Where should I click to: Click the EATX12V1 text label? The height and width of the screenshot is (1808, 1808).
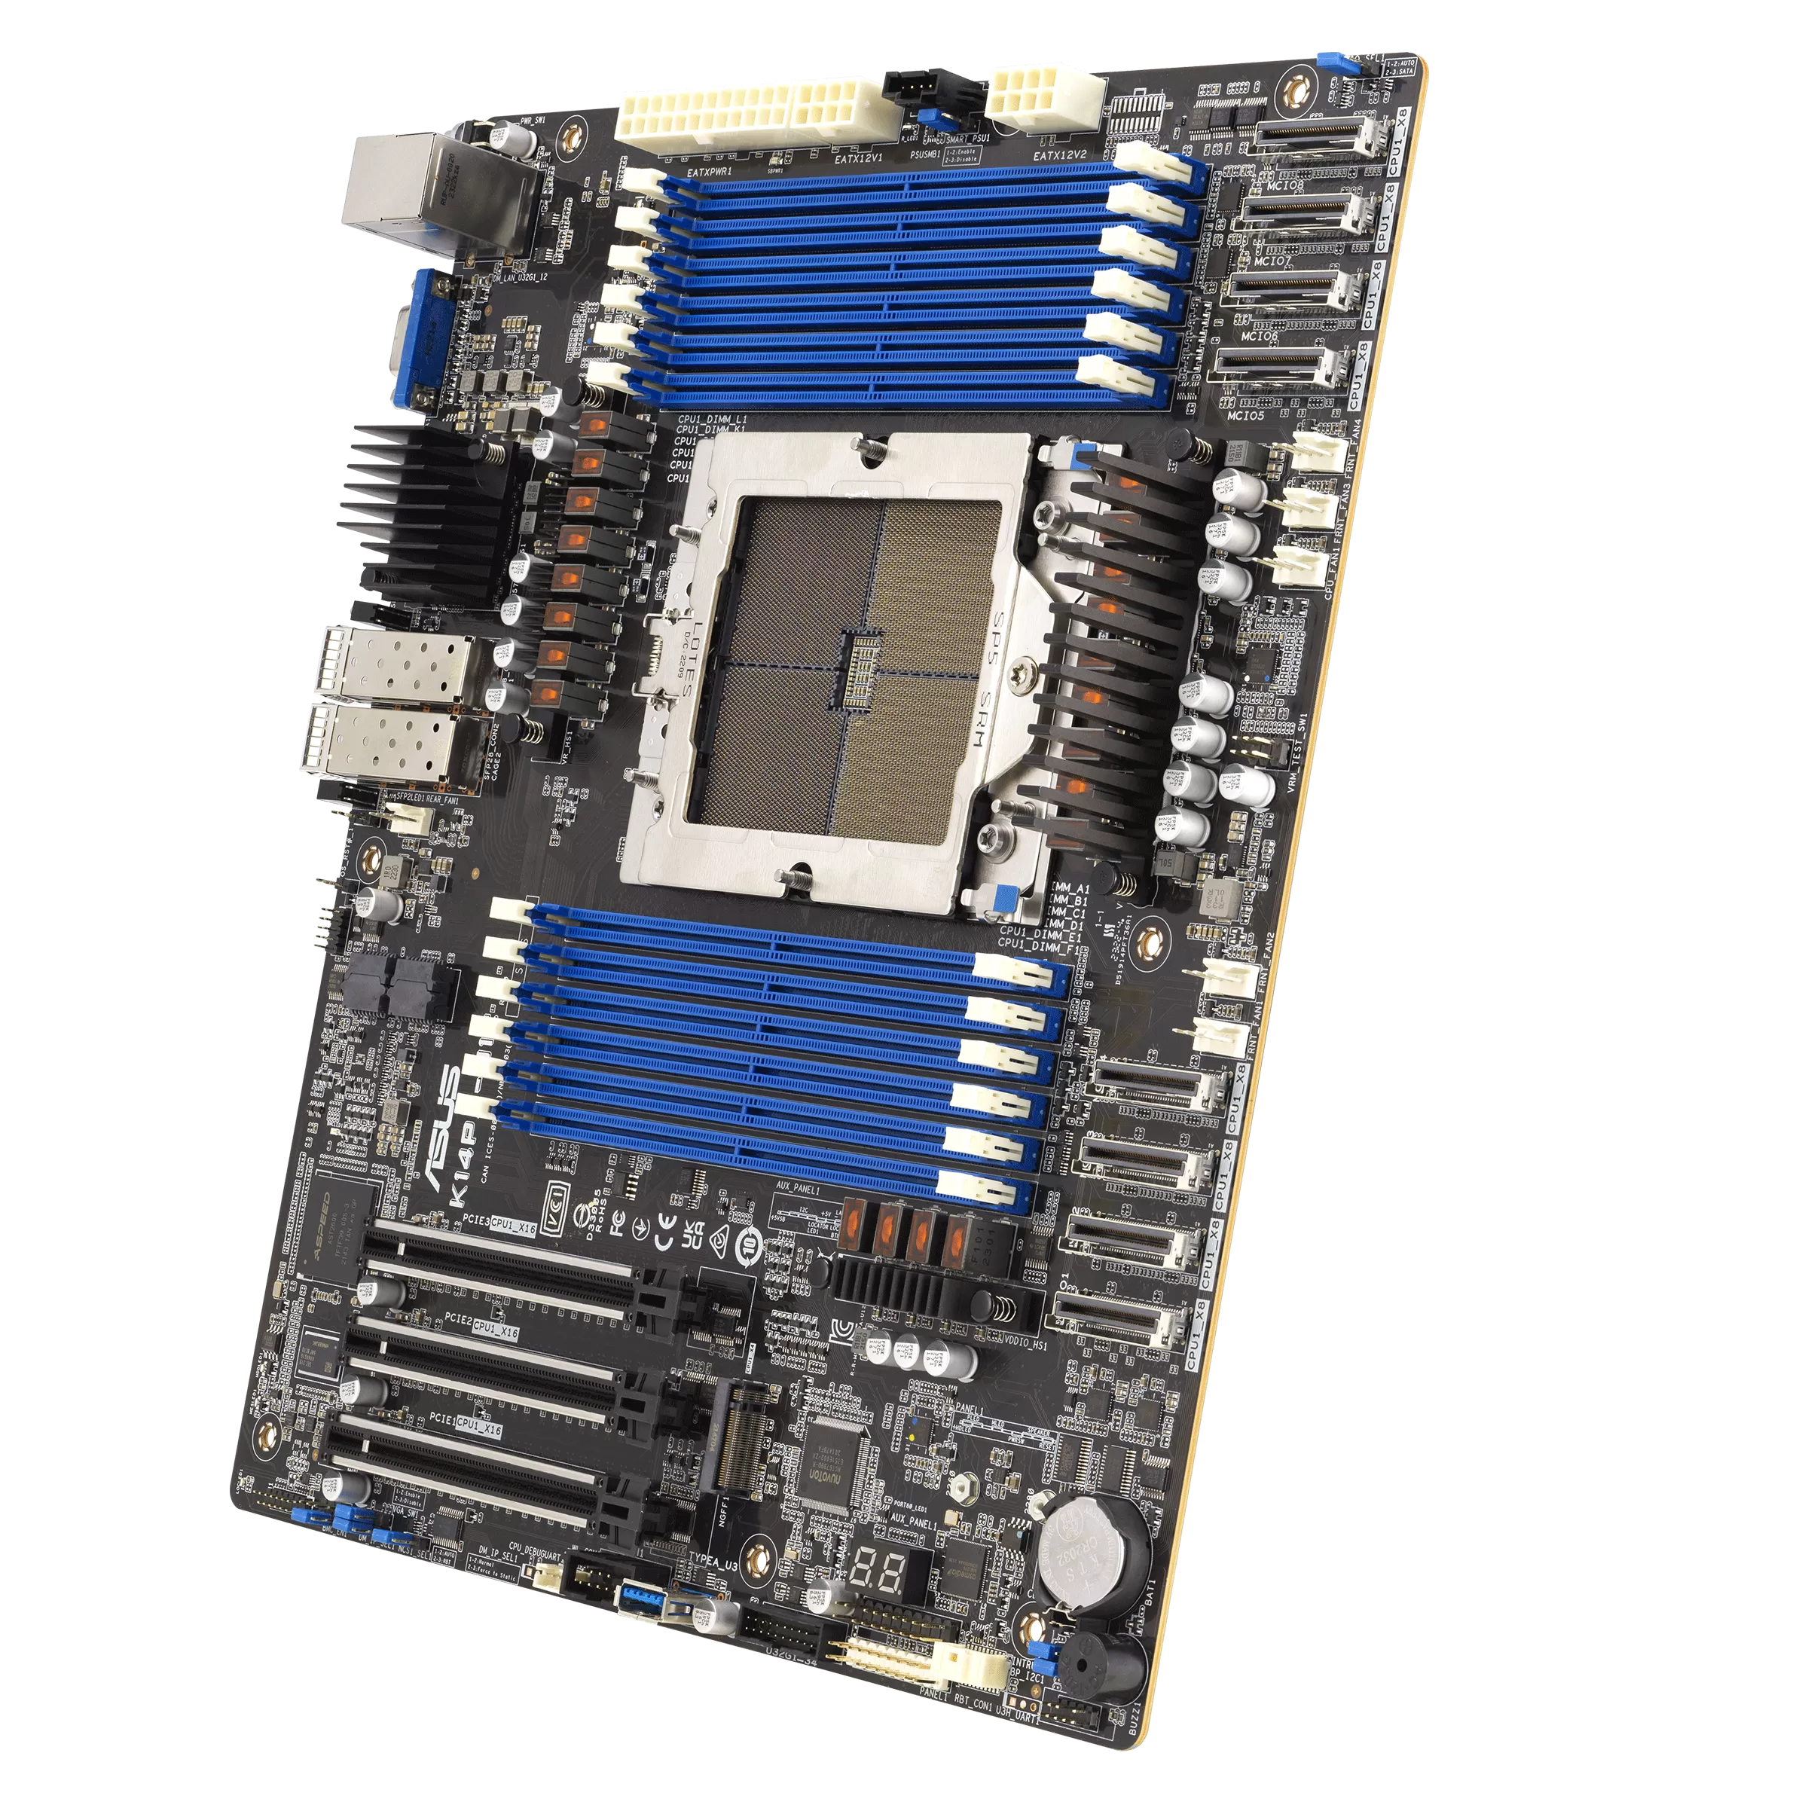[858, 159]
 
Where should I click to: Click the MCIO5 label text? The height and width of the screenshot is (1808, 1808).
[1245, 414]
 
